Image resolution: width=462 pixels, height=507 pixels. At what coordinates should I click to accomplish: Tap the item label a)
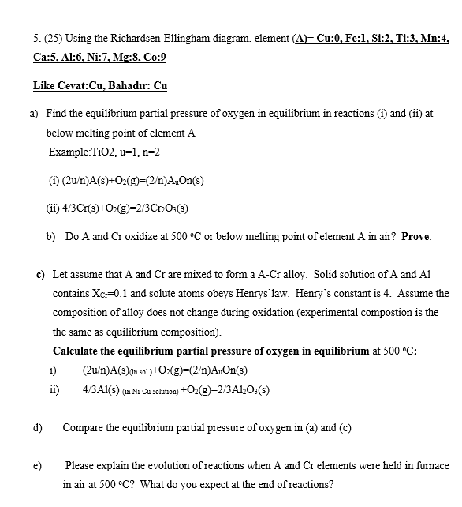35,114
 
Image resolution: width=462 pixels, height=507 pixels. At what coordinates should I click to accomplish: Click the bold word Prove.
416,236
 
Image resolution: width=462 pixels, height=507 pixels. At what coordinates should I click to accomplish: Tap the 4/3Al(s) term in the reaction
102,389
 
